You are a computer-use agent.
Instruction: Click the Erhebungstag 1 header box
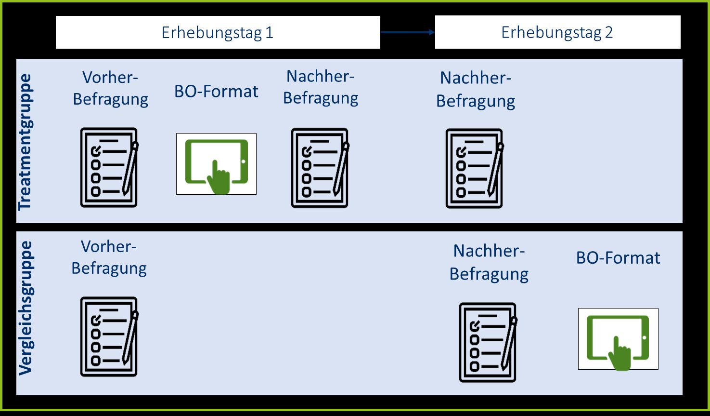point(218,32)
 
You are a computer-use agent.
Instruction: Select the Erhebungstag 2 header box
point(557,32)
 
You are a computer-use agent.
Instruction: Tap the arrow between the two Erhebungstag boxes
point(407,32)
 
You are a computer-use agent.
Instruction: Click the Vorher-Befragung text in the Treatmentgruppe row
point(110,88)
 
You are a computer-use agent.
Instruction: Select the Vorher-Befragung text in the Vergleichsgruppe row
point(109,257)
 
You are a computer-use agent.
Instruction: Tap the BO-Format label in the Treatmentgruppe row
point(216,91)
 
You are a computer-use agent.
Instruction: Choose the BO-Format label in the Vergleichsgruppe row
point(618,258)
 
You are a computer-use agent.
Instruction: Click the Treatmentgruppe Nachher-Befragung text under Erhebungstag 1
point(321,87)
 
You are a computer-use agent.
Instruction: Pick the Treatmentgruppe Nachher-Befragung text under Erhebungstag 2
point(476,89)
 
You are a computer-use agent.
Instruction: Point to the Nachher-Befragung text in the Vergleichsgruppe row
point(489,262)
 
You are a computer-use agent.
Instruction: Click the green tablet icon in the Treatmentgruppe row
point(216,164)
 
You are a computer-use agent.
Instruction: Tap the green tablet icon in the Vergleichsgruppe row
point(618,339)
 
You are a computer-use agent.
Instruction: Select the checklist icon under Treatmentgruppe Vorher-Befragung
point(109,168)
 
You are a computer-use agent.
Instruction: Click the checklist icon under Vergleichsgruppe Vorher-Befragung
point(109,336)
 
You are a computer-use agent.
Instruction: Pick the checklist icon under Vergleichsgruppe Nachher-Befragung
point(488,342)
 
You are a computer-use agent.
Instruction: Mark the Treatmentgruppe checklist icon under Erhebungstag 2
point(474,168)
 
